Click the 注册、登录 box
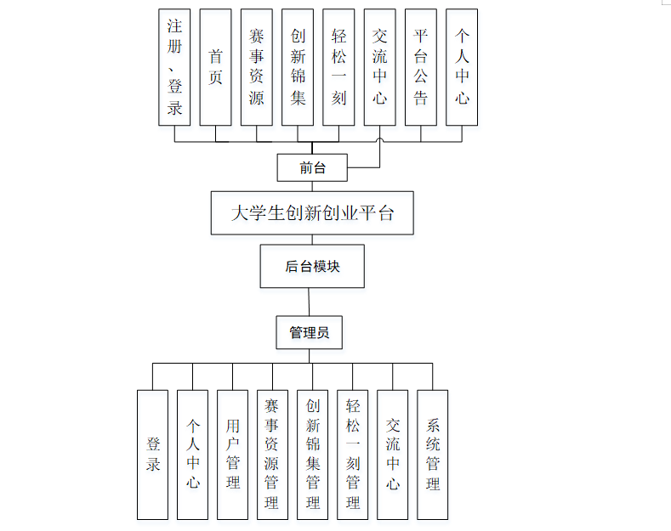[x=174, y=67]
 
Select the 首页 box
[x=215, y=67]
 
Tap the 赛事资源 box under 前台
[x=256, y=67]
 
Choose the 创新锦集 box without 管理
[x=298, y=67]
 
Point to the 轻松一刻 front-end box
[x=338, y=67]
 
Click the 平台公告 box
[x=420, y=67]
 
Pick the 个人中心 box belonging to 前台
[x=462, y=67]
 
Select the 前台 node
[x=312, y=167]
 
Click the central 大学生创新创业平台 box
[x=312, y=212]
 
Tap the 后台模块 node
[x=312, y=266]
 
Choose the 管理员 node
[x=309, y=332]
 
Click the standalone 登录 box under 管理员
[x=153, y=455]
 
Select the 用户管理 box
[x=233, y=455]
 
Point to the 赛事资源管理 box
[x=272, y=455]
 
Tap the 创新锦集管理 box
[x=312, y=455]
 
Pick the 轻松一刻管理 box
[x=352, y=455]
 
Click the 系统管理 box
[x=432, y=455]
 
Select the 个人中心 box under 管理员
[x=193, y=455]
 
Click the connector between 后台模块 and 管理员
[x=310, y=302]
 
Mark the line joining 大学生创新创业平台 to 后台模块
[x=312, y=240]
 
